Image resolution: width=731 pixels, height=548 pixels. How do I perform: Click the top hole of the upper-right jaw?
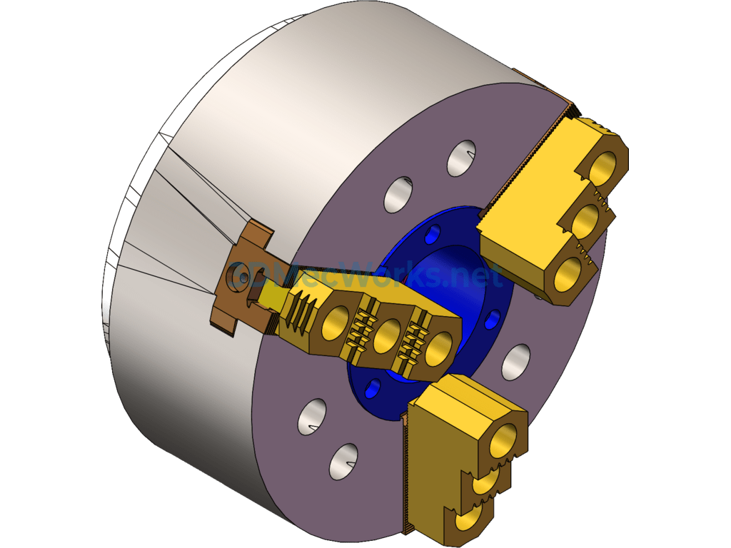tap(605, 167)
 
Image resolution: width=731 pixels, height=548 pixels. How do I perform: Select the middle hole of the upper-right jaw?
tap(587, 220)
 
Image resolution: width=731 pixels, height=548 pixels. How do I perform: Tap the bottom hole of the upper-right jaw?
tap(569, 272)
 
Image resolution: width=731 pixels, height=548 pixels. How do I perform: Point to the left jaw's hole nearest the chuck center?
tap(438, 346)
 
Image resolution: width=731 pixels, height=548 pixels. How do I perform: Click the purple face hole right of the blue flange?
tap(515, 362)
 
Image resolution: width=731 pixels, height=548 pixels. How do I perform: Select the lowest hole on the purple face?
tap(343, 461)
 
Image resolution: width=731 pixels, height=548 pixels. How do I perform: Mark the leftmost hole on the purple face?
tap(312, 416)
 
